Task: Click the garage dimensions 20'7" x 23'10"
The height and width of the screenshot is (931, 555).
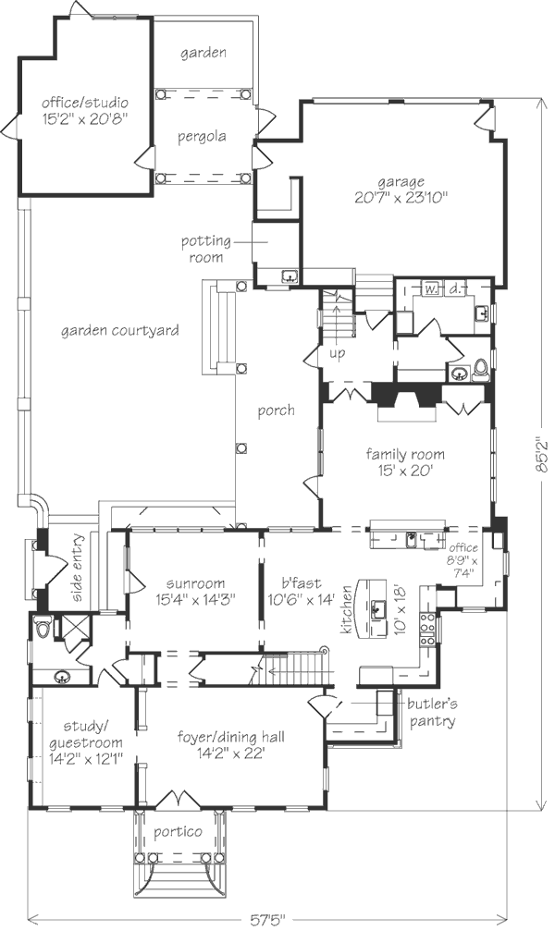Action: (401, 197)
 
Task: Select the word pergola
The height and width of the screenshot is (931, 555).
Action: (202, 137)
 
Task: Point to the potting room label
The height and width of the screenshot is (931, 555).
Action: (205, 250)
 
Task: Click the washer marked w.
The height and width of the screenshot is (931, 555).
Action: (431, 289)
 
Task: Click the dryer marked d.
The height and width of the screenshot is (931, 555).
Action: (454, 289)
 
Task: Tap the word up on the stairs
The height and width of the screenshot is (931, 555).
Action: (337, 354)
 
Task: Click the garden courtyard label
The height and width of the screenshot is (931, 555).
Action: (119, 331)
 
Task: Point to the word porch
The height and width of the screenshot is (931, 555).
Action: (276, 410)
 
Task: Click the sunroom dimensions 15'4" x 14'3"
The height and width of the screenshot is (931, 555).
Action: (195, 599)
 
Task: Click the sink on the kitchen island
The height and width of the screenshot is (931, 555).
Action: (376, 609)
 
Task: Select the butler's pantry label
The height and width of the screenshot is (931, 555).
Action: (432, 713)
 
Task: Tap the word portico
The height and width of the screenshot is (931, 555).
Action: (178, 832)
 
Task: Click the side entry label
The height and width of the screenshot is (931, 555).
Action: (79, 569)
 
